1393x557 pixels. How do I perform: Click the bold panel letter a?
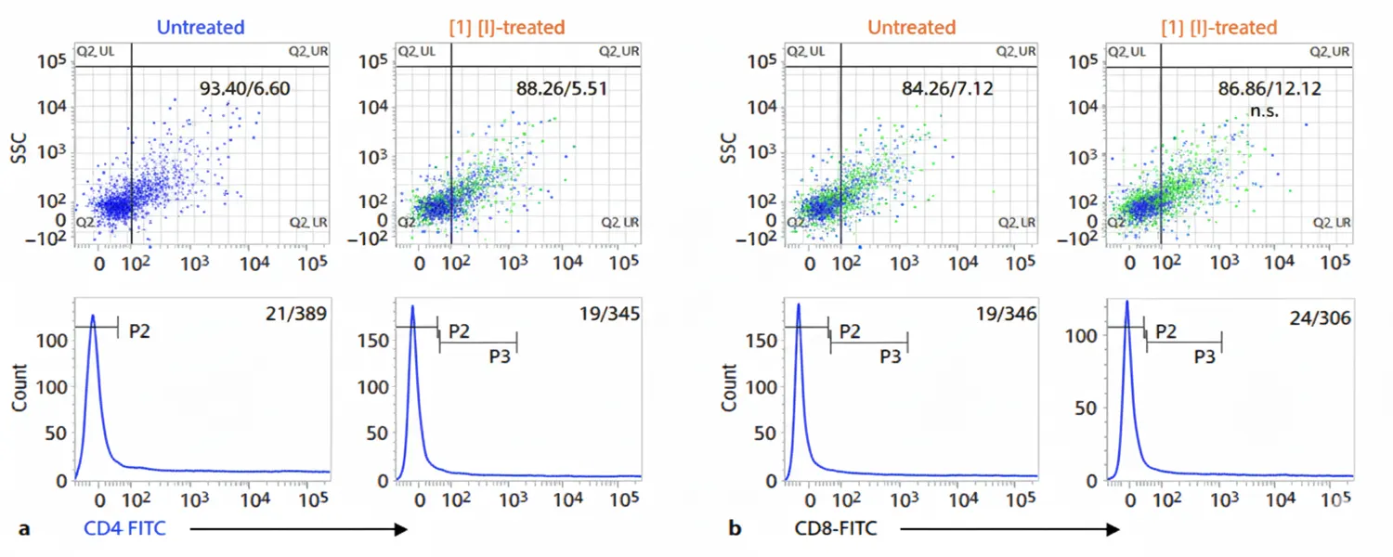[25, 529]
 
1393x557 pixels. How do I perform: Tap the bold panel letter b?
[736, 529]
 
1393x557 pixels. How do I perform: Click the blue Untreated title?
[201, 28]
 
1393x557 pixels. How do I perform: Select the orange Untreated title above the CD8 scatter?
[911, 28]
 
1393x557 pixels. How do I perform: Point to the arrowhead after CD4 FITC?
[400, 529]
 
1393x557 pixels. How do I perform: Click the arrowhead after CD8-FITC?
[1113, 529]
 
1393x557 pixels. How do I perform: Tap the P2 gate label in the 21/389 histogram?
[140, 330]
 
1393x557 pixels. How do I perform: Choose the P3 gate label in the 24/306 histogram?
[1204, 356]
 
